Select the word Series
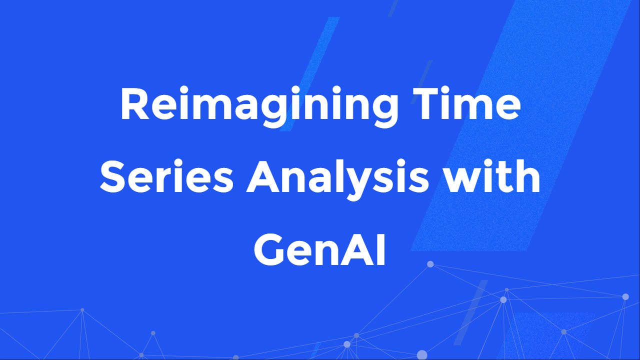[166, 178]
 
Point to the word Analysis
[337, 179]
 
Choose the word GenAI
[320, 250]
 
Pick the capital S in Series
[112, 178]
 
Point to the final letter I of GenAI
[381, 250]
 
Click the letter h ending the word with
[529, 177]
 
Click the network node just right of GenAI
[430, 264]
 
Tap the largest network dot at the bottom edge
[422, 355]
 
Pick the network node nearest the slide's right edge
[625, 296]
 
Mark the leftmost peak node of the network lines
[82, 310]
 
